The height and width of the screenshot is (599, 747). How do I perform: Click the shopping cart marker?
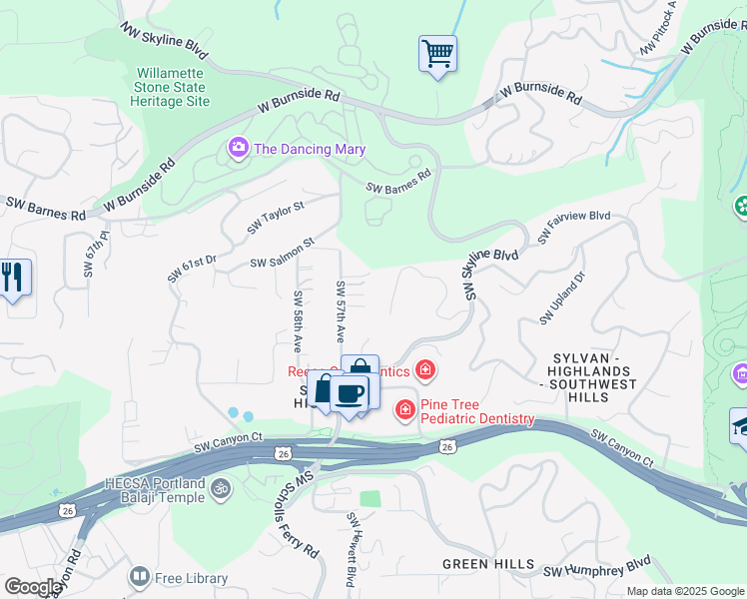pos(437,54)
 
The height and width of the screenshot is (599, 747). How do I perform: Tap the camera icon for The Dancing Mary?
pos(239,149)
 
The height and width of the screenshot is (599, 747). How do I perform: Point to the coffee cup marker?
pos(349,392)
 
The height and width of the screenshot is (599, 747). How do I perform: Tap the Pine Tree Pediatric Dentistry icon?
pos(405,408)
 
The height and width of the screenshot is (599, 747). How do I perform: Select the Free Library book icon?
pos(140,577)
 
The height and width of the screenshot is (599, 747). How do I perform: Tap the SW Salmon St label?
pos(283,251)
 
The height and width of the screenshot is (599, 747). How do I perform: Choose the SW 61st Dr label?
pos(192,269)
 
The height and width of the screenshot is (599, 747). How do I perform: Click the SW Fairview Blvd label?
pos(573,227)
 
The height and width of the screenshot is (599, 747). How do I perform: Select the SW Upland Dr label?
pos(562,299)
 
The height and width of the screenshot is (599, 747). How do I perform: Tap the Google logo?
pos(32,587)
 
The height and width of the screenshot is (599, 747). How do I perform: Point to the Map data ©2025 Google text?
pos(684,591)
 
